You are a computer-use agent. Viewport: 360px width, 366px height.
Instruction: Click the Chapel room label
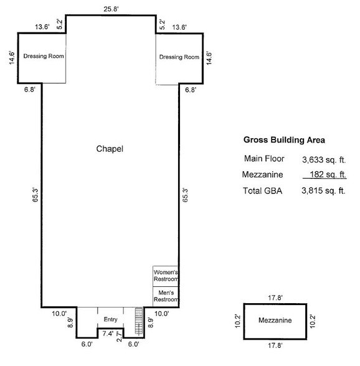[x=110, y=149]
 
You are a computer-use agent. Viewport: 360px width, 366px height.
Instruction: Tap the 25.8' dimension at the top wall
[x=111, y=8]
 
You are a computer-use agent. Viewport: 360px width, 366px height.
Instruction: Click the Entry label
[x=111, y=319]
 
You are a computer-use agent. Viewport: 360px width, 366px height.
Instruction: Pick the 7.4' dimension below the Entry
[x=108, y=334]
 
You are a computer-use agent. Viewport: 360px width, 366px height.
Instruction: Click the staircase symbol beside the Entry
[x=138, y=321]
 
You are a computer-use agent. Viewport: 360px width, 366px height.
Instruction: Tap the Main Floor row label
[x=264, y=159]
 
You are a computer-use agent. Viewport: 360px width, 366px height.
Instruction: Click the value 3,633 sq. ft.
[x=323, y=159]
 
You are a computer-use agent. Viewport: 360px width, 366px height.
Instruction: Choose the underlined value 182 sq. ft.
[x=326, y=175]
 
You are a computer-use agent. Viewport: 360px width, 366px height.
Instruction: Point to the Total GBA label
[x=262, y=191]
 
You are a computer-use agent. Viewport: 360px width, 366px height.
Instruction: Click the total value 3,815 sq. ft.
[x=323, y=191]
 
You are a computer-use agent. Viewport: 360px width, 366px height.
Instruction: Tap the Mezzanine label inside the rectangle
[x=276, y=321]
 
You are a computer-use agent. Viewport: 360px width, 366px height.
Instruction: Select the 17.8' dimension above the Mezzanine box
[x=276, y=298]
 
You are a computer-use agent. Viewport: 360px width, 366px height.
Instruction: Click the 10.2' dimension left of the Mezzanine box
[x=237, y=321]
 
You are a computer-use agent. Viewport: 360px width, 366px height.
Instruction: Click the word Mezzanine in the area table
[x=263, y=175]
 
